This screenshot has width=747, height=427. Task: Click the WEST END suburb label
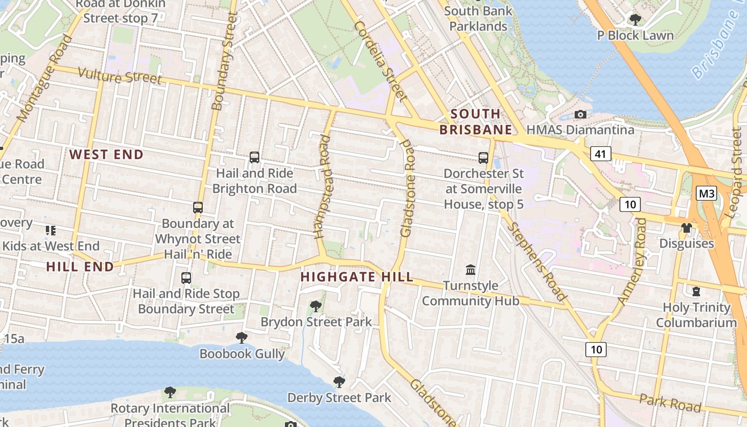[107, 155]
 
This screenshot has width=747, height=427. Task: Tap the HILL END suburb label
[80, 266]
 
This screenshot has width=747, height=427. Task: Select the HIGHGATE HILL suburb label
[356, 276]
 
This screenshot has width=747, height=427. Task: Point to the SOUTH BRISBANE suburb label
[475, 122]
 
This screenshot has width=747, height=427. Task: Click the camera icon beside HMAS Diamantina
[580, 114]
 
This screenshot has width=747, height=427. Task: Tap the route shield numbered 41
[601, 154]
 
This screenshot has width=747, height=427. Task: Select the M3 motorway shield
[706, 193]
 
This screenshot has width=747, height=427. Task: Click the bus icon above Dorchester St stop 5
[483, 158]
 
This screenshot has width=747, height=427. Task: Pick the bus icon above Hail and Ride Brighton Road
[255, 157]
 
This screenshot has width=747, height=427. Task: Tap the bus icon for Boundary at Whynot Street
[198, 208]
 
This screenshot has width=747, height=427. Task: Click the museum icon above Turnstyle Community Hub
[471, 270]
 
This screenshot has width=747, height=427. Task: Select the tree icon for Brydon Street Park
[316, 306]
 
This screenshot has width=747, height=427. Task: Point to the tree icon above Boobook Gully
[242, 337]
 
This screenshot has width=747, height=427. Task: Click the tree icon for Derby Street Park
[339, 382]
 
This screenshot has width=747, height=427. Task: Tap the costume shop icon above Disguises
[686, 228]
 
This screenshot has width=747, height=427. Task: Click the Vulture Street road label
[120, 76]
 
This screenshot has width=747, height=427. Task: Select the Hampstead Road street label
[323, 187]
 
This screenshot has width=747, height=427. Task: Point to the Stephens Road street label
[536, 262]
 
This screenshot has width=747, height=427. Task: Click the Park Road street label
[670, 402]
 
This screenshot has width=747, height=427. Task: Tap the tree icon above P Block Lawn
[635, 20]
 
